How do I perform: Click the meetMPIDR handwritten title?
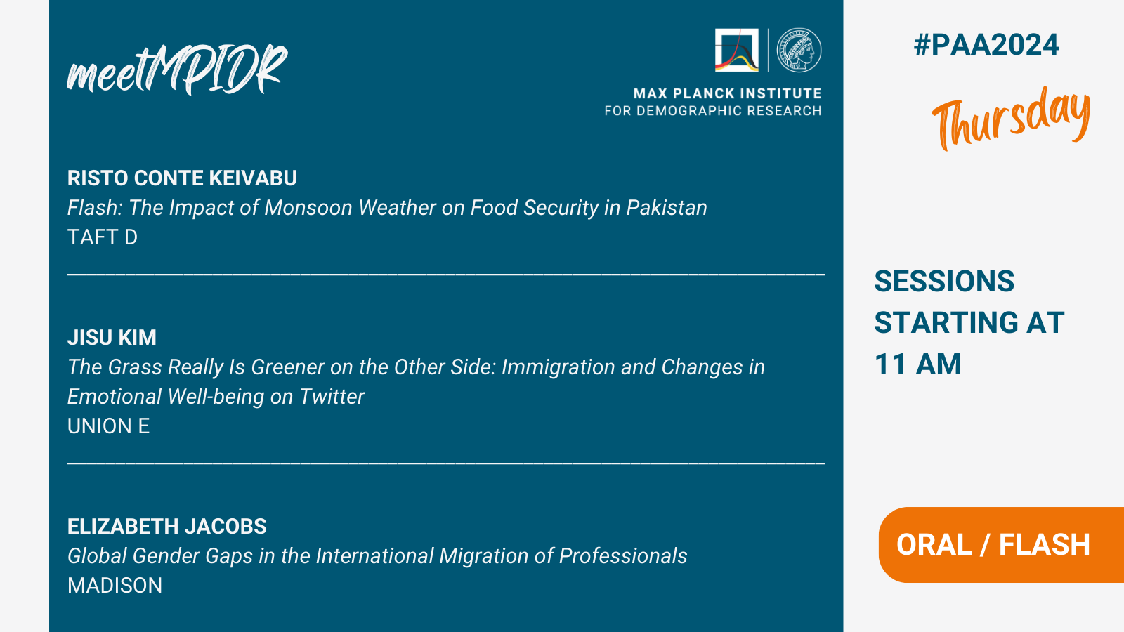pos(177,70)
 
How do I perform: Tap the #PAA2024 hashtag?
pos(986,45)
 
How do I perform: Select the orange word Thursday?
pos(1011,118)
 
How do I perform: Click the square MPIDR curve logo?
pos(737,50)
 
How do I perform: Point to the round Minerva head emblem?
pos(799,50)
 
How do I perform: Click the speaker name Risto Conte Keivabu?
pos(182,178)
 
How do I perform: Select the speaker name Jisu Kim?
pos(112,338)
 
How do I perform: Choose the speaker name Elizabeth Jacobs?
pos(166,527)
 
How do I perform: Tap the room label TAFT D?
pos(103,237)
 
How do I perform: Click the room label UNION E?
pos(108,426)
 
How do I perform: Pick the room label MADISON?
pos(115,586)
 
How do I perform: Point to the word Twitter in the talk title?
pos(332,397)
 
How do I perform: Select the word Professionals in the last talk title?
pos(623,556)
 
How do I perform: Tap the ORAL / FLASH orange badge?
pos(1001,545)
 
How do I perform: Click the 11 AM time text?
pos(917,364)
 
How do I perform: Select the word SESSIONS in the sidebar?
pos(944,281)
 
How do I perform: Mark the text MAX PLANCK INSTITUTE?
pos(728,94)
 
